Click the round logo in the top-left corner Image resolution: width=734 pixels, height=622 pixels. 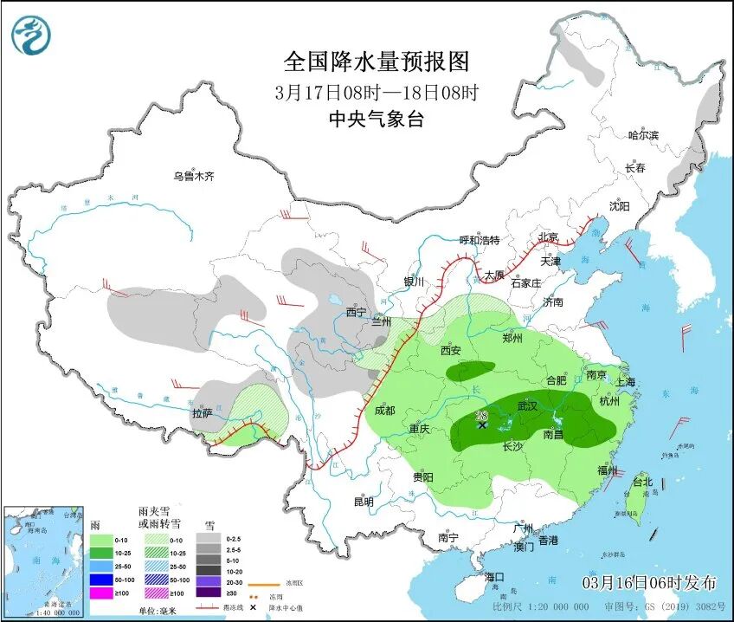(x=31, y=36)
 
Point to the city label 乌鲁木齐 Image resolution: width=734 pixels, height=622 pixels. (x=193, y=177)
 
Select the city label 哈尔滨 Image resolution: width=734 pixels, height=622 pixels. (x=643, y=135)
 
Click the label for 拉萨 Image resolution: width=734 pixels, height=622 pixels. (x=203, y=414)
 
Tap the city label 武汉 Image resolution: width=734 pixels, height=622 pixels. (x=526, y=406)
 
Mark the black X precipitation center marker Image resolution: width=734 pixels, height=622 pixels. (x=482, y=424)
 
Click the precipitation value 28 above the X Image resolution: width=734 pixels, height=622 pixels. (x=481, y=415)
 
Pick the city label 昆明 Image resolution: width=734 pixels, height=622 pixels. (x=364, y=502)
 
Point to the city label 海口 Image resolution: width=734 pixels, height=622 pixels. (x=494, y=577)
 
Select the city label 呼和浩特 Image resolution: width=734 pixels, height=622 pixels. (x=480, y=240)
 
